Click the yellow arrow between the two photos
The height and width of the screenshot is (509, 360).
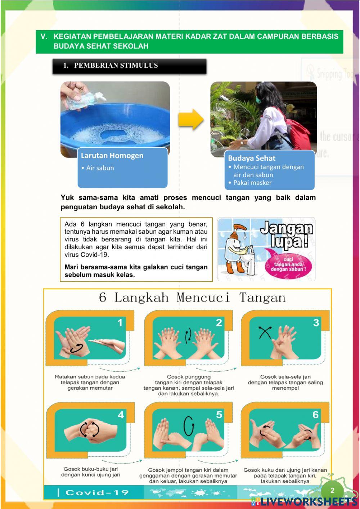pos(190,119)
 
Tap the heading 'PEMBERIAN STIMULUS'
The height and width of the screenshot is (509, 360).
pos(116,66)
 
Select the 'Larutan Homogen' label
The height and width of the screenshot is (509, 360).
pos(112,156)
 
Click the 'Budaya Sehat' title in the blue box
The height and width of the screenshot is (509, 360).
pos(251,158)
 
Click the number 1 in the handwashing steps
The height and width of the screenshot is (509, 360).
pos(120,322)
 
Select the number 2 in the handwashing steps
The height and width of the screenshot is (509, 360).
pos(219,323)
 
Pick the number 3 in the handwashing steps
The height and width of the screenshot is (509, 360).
pos(316,322)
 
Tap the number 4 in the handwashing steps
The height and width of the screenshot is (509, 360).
pos(121,415)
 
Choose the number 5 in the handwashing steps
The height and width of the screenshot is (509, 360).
pos(219,415)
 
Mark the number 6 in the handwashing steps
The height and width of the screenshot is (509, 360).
pos(316,415)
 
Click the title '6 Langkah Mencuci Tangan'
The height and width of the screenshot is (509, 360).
pos(192,298)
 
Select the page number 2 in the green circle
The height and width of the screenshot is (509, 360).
pos(332,490)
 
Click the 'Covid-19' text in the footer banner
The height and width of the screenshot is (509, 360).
pos(97,493)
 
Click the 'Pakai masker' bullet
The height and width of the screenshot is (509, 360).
pos(252,183)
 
